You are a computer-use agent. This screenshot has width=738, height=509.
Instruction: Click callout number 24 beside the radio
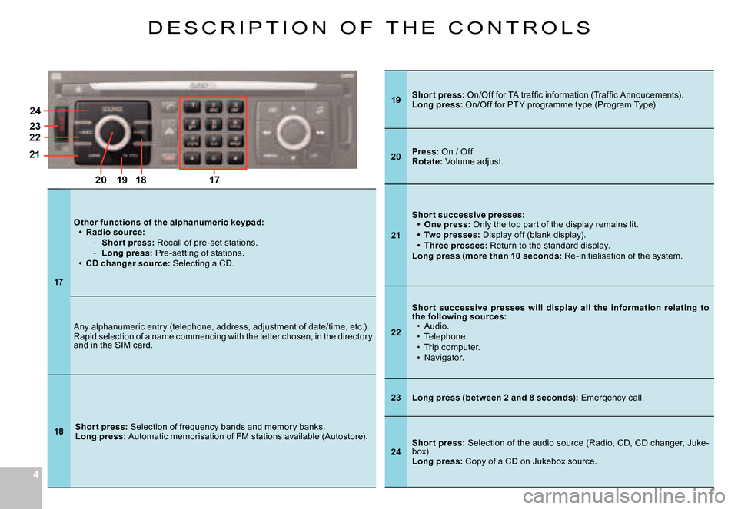(35, 111)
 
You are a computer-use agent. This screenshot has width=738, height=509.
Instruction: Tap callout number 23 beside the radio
(35, 126)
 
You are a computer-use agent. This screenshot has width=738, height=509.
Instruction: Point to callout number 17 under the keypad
(213, 180)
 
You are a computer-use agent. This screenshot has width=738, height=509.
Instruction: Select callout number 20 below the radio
(101, 180)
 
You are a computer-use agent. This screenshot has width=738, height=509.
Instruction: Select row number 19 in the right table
(396, 99)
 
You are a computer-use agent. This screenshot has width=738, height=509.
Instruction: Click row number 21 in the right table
(396, 235)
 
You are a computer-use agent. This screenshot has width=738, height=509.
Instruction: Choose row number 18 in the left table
(58, 431)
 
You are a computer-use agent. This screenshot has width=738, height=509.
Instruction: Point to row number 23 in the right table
(396, 398)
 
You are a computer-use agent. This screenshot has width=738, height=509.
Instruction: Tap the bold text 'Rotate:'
(424, 161)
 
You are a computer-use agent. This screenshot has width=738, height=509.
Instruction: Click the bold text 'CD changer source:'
(128, 264)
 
